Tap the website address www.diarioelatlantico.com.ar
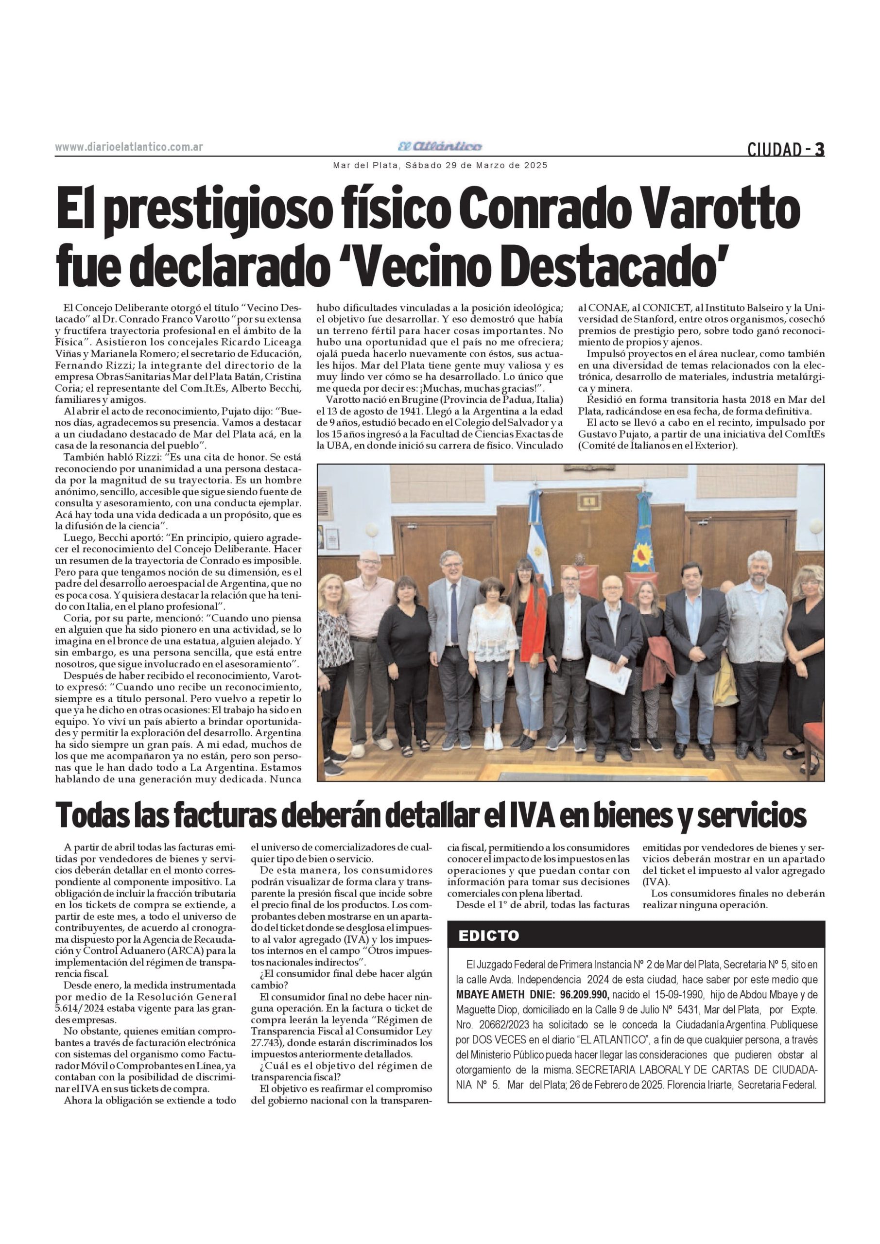point(129,147)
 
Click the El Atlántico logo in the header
point(439,146)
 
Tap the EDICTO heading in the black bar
point(489,935)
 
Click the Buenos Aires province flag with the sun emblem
point(644,542)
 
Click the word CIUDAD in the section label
point(774,150)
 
